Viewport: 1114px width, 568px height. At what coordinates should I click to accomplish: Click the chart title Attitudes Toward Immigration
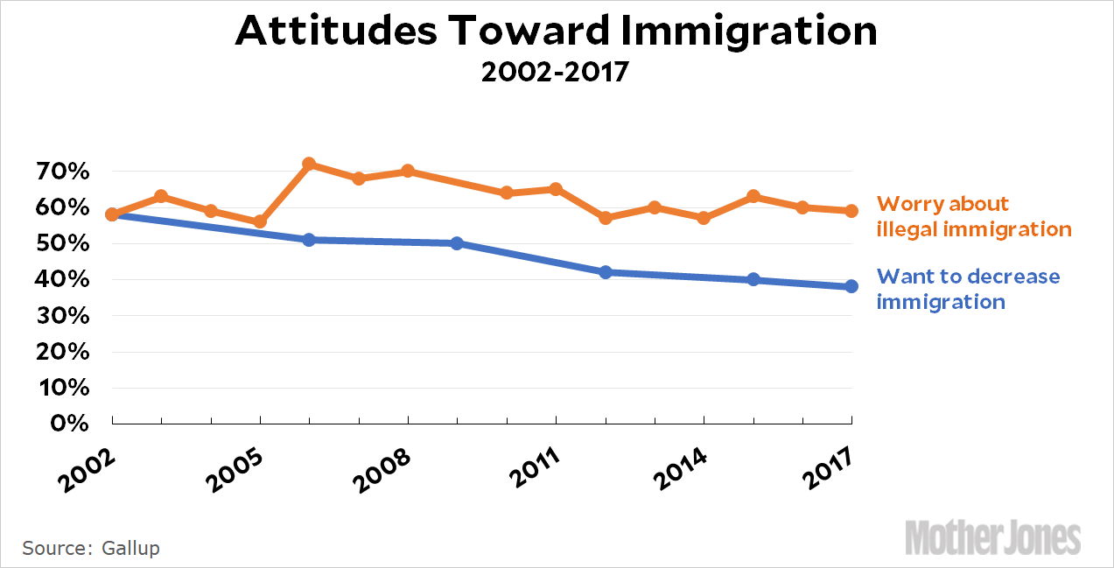coord(556,32)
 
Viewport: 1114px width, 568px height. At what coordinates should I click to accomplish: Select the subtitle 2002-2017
coord(556,71)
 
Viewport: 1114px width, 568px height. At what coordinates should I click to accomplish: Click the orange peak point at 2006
coord(309,164)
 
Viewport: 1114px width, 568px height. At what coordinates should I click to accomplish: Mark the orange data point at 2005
coord(260,221)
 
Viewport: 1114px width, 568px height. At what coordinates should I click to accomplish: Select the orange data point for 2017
coord(851,211)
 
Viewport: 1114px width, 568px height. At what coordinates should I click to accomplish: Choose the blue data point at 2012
coord(605,272)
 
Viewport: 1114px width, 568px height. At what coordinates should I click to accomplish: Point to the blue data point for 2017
coord(851,286)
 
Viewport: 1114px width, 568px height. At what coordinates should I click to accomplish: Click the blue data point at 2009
coord(457,243)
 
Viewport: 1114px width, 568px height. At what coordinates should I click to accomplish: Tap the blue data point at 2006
coord(309,240)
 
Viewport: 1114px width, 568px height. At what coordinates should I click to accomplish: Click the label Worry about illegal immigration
coord(973,216)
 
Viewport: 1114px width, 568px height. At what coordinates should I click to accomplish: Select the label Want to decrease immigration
coord(968,289)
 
